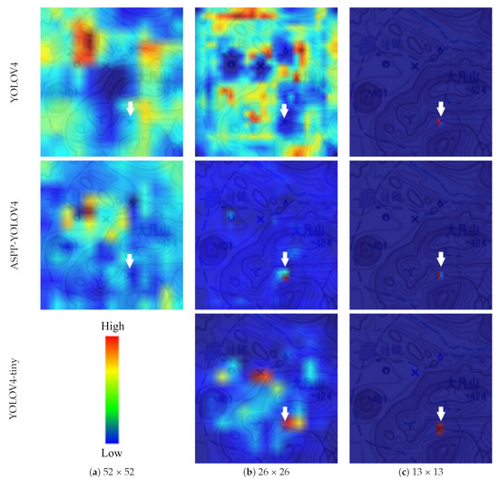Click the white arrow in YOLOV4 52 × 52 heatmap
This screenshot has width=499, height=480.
click(130, 109)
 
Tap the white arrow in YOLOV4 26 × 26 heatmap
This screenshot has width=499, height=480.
click(284, 110)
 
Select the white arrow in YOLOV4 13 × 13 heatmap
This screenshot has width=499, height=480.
click(440, 108)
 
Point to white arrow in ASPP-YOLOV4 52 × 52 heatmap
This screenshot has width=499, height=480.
click(130, 260)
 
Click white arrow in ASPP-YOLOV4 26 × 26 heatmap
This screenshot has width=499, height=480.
click(285, 260)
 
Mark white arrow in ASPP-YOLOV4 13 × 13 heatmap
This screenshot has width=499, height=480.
click(440, 260)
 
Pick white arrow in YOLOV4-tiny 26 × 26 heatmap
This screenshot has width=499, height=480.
click(285, 413)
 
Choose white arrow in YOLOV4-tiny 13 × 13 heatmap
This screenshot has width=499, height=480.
click(440, 413)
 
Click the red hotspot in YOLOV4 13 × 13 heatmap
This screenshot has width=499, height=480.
click(439, 122)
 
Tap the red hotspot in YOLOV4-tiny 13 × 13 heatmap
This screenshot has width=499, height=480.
click(440, 427)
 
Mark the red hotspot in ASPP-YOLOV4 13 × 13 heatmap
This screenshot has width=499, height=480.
click(439, 274)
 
